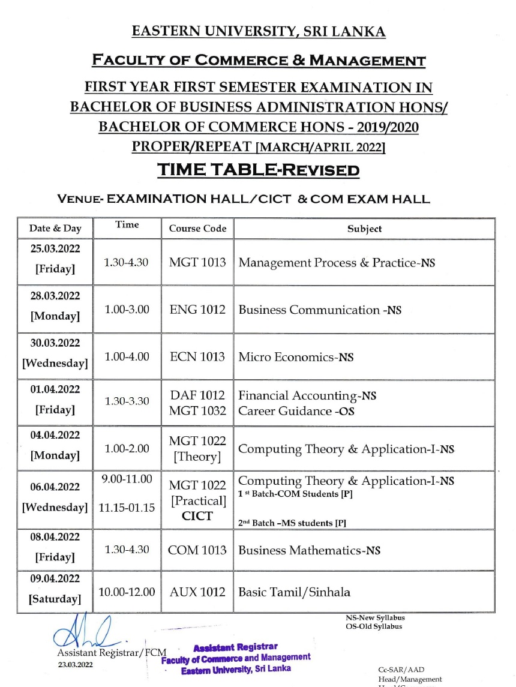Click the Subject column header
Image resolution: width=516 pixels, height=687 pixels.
[x=364, y=229]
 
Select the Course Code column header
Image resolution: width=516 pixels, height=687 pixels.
[x=197, y=229]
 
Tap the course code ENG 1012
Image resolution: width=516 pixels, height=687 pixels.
[x=197, y=310]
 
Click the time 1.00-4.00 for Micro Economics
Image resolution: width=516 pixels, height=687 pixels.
[x=127, y=356]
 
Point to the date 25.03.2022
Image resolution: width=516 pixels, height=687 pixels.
[x=55, y=248]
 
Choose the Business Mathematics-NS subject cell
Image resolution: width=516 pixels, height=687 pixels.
[x=309, y=550]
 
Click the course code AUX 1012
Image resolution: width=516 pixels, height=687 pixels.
[x=197, y=592]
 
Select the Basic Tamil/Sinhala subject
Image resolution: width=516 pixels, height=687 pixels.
[x=295, y=592]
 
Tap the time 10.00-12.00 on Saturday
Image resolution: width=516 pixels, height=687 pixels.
[x=127, y=592]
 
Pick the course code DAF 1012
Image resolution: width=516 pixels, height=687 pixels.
[x=197, y=395]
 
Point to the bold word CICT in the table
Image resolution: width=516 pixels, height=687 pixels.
[x=197, y=515]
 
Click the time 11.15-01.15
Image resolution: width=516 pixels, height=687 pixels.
[x=127, y=508]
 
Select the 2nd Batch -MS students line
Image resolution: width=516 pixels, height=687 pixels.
[x=292, y=523]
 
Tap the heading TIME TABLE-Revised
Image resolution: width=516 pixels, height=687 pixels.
[x=258, y=170]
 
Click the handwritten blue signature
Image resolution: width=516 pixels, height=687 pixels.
[x=84, y=632]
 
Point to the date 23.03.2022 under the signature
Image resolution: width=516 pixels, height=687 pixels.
[x=75, y=665]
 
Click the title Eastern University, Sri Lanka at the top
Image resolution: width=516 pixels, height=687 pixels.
[x=258, y=32]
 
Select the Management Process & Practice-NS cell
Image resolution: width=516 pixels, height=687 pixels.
[x=337, y=263]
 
